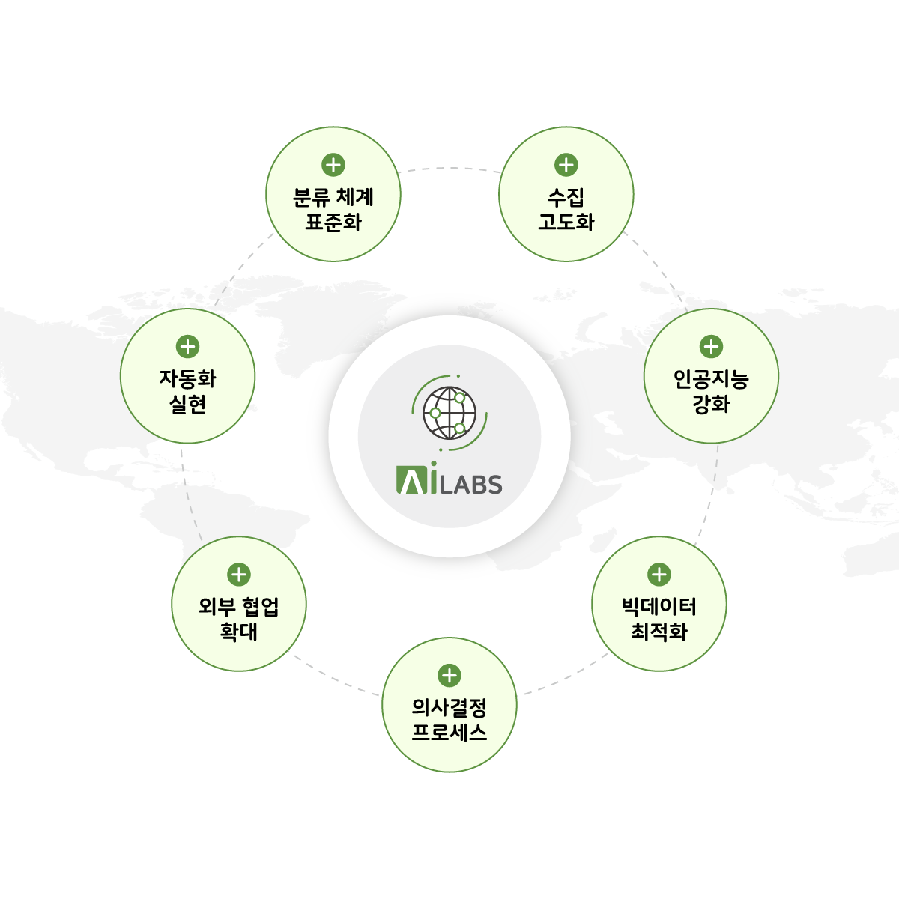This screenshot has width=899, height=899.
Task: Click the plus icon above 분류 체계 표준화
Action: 333,165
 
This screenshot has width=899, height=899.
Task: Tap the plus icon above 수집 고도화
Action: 566,165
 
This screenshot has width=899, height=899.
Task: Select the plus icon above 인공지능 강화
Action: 711,347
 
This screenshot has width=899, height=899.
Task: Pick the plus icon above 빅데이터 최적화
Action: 659,575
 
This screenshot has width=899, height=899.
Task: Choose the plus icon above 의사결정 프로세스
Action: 449,676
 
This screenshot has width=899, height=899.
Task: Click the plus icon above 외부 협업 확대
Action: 239,575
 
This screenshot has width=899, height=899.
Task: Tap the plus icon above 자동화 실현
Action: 187,347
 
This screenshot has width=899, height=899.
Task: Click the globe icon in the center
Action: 449,413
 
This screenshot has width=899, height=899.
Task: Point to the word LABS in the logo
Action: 471,484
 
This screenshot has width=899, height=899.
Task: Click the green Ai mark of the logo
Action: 417,478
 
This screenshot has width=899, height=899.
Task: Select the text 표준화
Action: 333,222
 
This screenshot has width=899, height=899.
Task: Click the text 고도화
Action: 566,222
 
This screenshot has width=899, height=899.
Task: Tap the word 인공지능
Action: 711,379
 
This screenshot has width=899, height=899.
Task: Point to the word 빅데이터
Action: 659,607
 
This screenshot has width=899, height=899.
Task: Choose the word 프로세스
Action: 449,733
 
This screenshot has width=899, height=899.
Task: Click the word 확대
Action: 239,632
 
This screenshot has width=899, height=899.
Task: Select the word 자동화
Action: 187,379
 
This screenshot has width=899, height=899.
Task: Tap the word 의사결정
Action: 449,708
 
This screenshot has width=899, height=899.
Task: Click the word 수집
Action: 566,197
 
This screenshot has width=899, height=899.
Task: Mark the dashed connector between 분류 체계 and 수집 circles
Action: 449,168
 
